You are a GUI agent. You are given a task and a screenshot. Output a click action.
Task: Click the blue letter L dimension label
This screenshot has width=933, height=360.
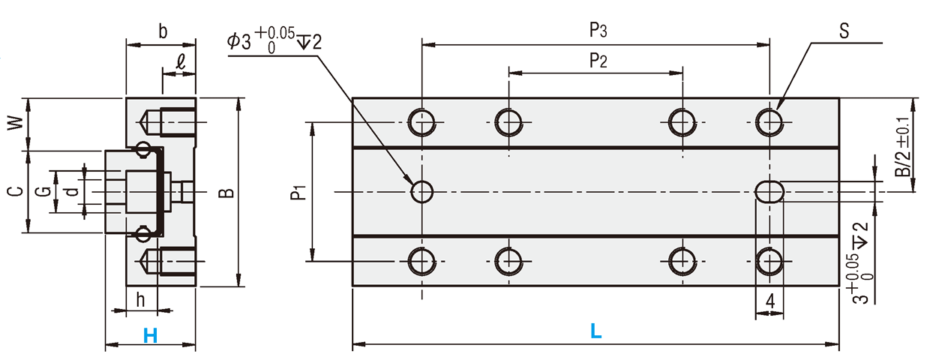pos(596,331)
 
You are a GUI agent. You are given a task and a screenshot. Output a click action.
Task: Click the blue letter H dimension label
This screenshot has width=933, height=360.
pos(150,335)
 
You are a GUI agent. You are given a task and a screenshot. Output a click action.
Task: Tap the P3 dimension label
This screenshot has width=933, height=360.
pos(598,31)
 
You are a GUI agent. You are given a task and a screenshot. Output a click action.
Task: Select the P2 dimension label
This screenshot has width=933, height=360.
pos(598,61)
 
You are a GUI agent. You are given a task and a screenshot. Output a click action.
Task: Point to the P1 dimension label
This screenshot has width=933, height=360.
pos(298,193)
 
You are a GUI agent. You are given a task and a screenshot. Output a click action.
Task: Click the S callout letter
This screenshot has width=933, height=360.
pos(844,31)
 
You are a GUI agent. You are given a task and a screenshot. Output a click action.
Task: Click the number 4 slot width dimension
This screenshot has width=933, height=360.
pos(770,301)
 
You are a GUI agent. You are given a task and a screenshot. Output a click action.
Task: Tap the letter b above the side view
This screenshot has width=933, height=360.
pos(163,31)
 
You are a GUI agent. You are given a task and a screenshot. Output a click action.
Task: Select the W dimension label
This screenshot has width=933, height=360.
pos(16,123)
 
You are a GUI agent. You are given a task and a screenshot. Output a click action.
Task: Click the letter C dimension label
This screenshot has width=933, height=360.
pos(16,192)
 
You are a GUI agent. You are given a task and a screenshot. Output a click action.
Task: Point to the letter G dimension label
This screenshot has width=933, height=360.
pos(43,192)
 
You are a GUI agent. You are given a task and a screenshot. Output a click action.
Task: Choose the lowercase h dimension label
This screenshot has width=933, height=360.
pos(141,300)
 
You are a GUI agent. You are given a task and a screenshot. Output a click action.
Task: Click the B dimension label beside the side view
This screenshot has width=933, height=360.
pos(226,193)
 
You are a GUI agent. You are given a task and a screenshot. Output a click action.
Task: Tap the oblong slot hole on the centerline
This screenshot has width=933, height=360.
pos(769,192)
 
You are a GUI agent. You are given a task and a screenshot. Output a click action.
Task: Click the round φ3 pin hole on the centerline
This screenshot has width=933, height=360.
pos(422,192)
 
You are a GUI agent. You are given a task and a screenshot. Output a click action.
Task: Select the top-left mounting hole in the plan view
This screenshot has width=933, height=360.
pos(422,122)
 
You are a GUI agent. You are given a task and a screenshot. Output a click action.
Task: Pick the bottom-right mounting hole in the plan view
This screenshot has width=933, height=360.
pos(769,262)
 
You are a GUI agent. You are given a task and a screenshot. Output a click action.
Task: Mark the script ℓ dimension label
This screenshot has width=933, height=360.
pos(180,62)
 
